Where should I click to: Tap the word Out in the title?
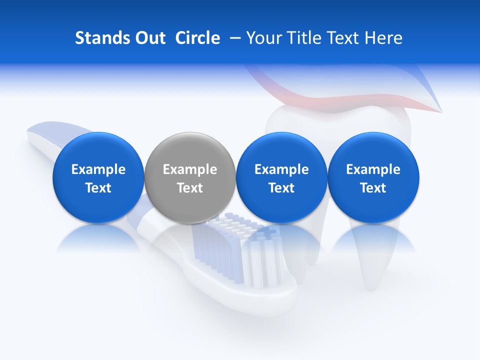tap(149, 38)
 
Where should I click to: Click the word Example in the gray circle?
tap(190, 169)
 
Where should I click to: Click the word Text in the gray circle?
tap(190, 188)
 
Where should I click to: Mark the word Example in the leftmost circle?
tap(98, 169)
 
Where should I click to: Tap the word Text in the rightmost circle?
tap(373, 188)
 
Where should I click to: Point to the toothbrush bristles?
tap(235, 250)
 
